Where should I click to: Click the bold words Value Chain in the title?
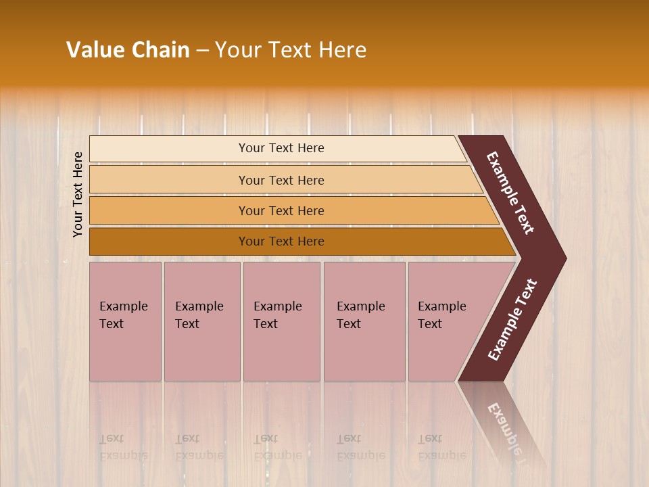coord(128,50)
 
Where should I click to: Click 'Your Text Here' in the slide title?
coord(291,50)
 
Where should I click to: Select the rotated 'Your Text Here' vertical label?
coord(78,194)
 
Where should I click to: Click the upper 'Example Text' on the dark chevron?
coord(510,193)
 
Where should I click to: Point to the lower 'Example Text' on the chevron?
coord(512,320)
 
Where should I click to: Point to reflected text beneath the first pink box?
coord(123,447)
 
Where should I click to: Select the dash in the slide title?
coord(202,51)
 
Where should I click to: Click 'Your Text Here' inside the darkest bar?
coord(281,241)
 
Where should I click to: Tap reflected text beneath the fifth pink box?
coord(441,447)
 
